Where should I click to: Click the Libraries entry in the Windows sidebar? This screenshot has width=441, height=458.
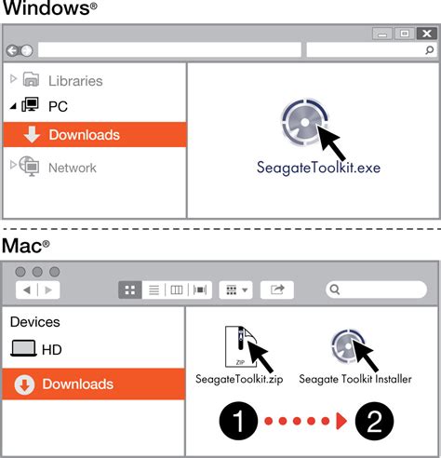[x=74, y=81]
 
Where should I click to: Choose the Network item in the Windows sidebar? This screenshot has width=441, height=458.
[x=72, y=168]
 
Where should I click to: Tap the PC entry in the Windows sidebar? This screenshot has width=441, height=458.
[x=57, y=107]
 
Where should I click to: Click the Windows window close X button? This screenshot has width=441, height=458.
[x=427, y=34]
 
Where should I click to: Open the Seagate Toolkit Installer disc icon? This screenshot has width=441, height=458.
[x=347, y=346]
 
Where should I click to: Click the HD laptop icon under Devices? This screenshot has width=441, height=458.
[x=23, y=350]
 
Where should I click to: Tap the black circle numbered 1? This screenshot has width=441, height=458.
[x=239, y=422]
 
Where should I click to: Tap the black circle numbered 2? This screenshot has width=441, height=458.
[x=373, y=422]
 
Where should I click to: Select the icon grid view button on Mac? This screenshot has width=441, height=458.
[x=130, y=290]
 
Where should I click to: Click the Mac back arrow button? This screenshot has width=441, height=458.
[x=26, y=290]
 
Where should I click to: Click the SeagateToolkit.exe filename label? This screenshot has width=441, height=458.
[x=306, y=168]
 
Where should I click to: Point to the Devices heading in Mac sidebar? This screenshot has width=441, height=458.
[x=34, y=322]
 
